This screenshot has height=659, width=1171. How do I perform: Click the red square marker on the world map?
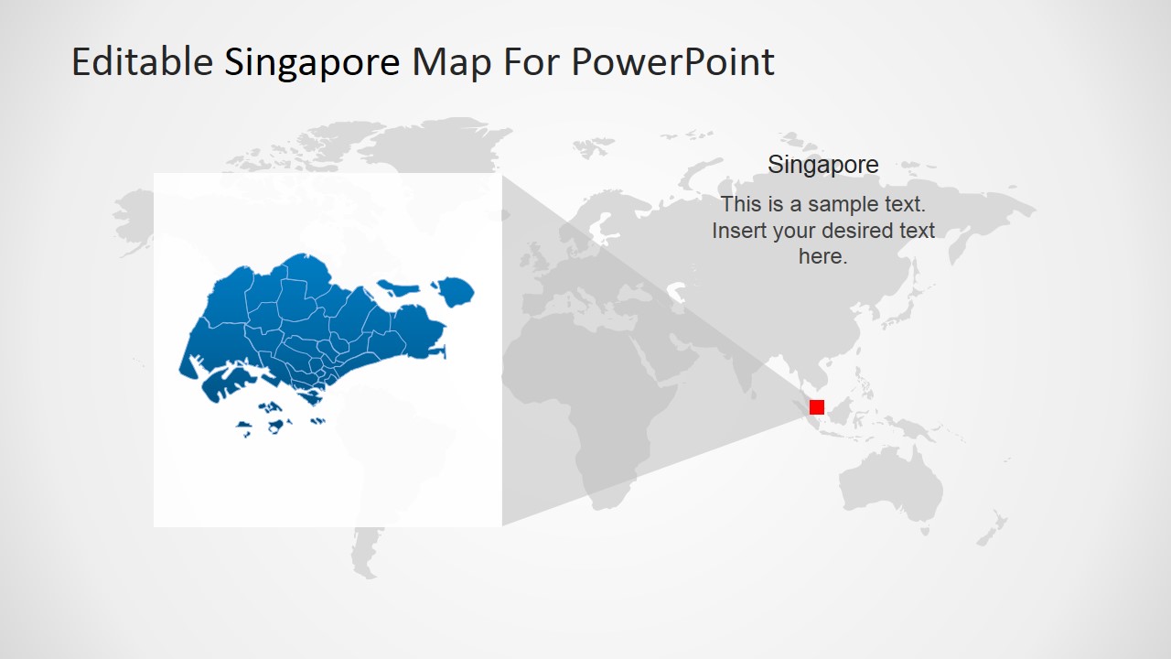[x=817, y=407]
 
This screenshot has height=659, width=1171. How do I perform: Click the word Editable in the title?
[x=142, y=62]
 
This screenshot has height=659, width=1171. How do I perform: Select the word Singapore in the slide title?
[x=312, y=62]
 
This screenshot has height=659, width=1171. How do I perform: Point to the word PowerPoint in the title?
[x=672, y=62]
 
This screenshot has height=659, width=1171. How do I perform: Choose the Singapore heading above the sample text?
[x=822, y=165]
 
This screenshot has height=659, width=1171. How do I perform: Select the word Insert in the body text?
[x=739, y=231]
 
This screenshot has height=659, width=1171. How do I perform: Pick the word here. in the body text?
[x=822, y=257]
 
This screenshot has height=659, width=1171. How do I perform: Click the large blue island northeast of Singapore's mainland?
[x=454, y=292]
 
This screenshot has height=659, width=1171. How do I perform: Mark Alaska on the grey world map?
[x=137, y=206]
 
